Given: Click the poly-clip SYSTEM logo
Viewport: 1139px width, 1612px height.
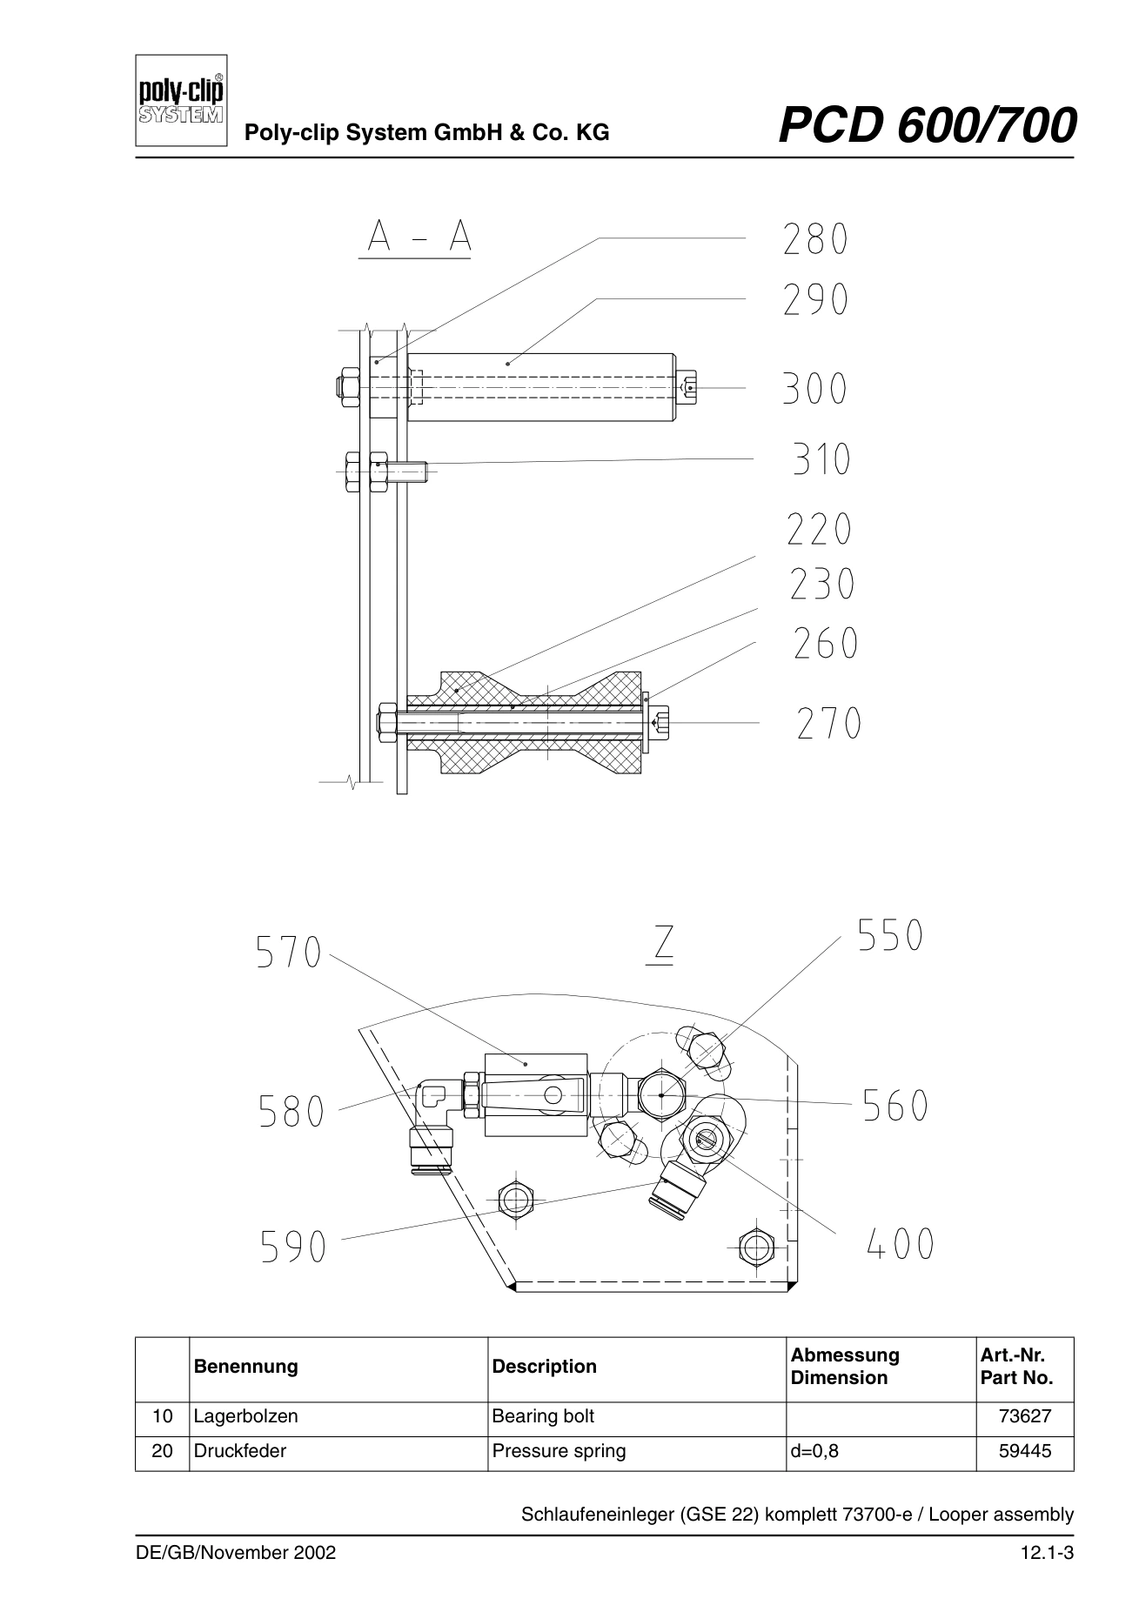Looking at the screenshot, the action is tap(182, 101).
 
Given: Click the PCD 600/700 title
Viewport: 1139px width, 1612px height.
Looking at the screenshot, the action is tap(928, 125).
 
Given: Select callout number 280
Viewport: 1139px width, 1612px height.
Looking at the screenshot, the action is tap(815, 240).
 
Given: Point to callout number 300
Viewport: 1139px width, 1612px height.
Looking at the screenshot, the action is tap(815, 388).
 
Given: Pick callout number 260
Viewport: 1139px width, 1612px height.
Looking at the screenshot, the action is tap(826, 644).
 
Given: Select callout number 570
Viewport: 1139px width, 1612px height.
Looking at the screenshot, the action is tap(289, 953).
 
